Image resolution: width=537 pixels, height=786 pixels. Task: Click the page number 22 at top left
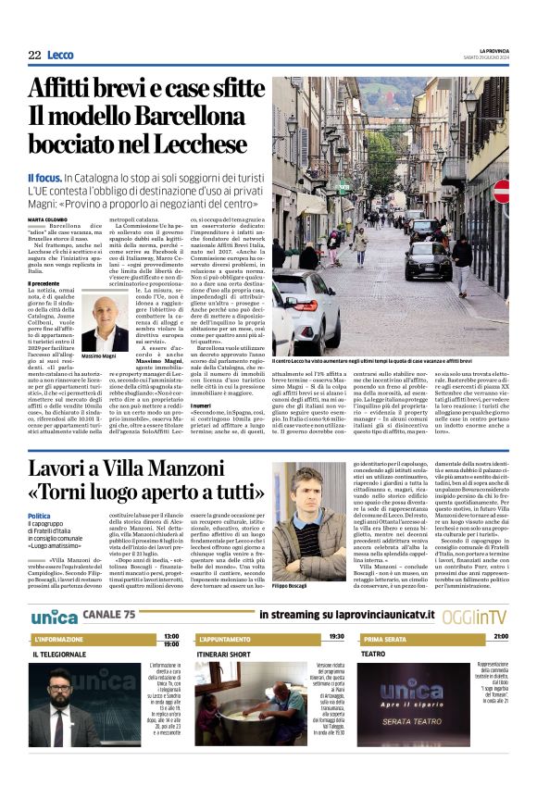[x=34, y=56]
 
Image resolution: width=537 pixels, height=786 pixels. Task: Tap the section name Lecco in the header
[x=60, y=56]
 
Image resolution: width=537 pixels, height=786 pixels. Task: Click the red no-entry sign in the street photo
[x=501, y=192]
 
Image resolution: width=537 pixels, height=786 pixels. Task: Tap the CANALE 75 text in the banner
[x=108, y=615]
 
